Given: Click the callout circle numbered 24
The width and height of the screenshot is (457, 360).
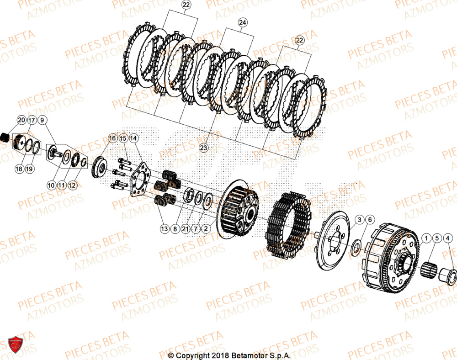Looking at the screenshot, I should point(242,22).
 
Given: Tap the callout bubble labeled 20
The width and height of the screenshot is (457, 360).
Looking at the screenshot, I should point(21,120).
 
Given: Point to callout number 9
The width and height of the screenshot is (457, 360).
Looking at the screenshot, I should point(42,120).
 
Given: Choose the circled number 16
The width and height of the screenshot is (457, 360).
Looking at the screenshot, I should point(112,138).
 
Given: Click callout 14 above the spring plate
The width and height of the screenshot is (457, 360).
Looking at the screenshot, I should point(133,138).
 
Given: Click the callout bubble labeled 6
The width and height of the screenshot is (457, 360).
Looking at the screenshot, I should point(370,220).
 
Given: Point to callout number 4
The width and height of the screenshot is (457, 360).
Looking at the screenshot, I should point(448,238).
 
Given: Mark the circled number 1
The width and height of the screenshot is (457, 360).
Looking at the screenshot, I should point(426,238).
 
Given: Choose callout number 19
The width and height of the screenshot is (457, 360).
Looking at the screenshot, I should point(30,169).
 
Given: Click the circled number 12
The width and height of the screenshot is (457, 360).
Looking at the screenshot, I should point(73,185).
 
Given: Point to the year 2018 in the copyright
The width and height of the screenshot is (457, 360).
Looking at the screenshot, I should point(219,355).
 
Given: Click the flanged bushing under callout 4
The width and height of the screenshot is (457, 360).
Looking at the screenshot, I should point(446,275).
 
